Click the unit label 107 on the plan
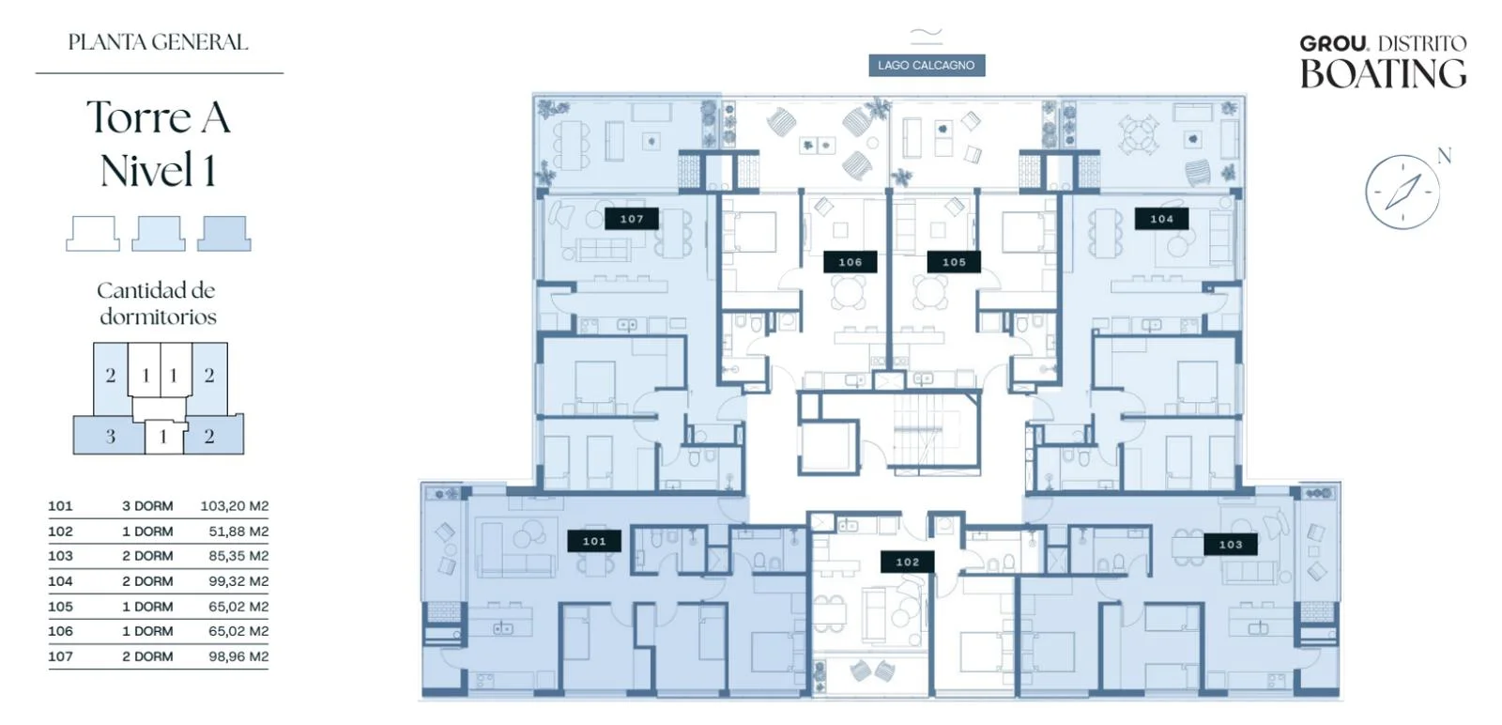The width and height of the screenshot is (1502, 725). coord(632,219)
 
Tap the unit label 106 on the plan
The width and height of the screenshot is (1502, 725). coord(851,262)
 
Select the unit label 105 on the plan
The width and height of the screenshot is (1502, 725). coord(954,262)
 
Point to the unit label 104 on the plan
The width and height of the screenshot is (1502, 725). coord(1161,219)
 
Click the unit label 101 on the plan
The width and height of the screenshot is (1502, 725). coord(594,541)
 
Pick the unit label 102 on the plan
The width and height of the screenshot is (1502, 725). coord(907,562)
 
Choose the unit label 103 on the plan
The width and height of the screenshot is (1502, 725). coord(1231,545)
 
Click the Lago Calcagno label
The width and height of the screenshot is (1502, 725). coord(927,65)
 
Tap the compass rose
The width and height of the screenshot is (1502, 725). coord(1402,193)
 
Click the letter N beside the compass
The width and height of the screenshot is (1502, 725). coord(1445,156)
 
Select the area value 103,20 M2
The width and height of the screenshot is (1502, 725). coord(235,506)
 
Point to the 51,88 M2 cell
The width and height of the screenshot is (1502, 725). coord(238,532)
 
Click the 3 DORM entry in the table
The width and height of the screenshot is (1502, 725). coord(147,506)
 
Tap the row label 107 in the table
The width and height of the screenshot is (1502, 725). coord(60,656)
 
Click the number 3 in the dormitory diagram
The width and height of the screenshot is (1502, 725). coord(111,437)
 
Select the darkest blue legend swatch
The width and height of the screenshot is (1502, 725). coord(224,234)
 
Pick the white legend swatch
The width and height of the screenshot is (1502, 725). coord(93,234)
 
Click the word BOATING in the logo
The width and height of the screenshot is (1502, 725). coord(1384,74)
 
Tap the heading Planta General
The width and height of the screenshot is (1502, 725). coord(159,42)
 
